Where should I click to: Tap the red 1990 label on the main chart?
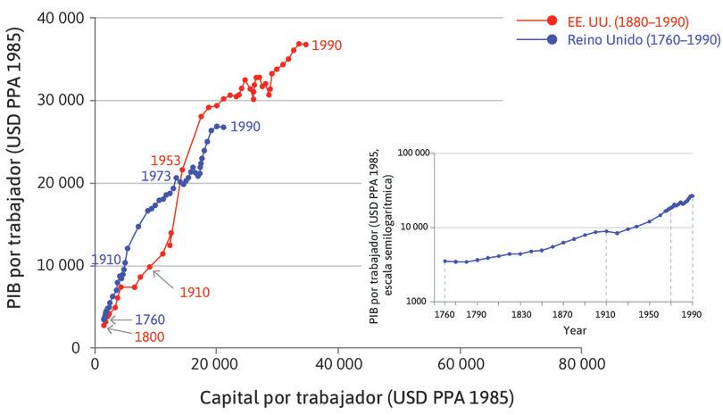[327, 45]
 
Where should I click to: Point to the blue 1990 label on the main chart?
[245, 127]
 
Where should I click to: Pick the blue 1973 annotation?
[156, 177]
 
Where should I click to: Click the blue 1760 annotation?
[150, 319]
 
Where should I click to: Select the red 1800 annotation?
[150, 336]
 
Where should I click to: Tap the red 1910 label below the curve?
[194, 292]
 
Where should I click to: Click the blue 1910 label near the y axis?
[106, 261]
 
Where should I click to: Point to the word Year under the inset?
[575, 330]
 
